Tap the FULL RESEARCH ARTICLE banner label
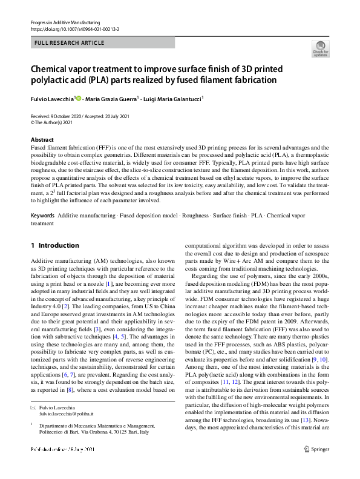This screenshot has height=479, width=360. click(70, 43)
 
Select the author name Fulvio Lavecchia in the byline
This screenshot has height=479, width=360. click(52, 98)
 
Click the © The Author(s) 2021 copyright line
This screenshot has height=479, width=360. click(55, 122)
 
